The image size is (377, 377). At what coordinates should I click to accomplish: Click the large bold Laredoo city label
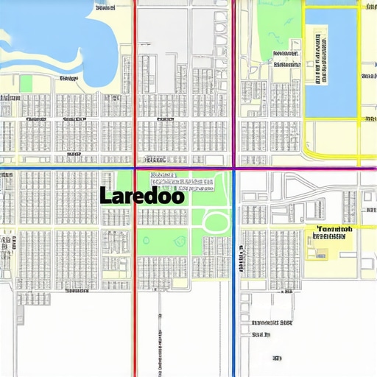(x=141, y=196)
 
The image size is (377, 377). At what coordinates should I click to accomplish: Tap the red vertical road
(x=134, y=88)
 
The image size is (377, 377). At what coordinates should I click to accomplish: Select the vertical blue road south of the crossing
(x=234, y=295)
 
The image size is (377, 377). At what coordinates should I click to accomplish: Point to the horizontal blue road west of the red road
(x=66, y=169)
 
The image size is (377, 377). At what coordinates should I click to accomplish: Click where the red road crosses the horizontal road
(x=134, y=169)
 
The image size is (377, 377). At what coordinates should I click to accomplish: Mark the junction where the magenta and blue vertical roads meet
(x=234, y=169)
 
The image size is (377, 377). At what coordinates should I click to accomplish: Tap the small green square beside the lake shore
(x=26, y=83)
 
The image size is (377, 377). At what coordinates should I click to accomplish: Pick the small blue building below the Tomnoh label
(x=322, y=255)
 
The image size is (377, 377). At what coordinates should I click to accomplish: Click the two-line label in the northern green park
(x=286, y=59)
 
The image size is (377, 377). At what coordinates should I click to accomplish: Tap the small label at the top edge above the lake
(x=105, y=9)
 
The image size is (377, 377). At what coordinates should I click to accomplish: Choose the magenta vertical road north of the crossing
(x=234, y=81)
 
